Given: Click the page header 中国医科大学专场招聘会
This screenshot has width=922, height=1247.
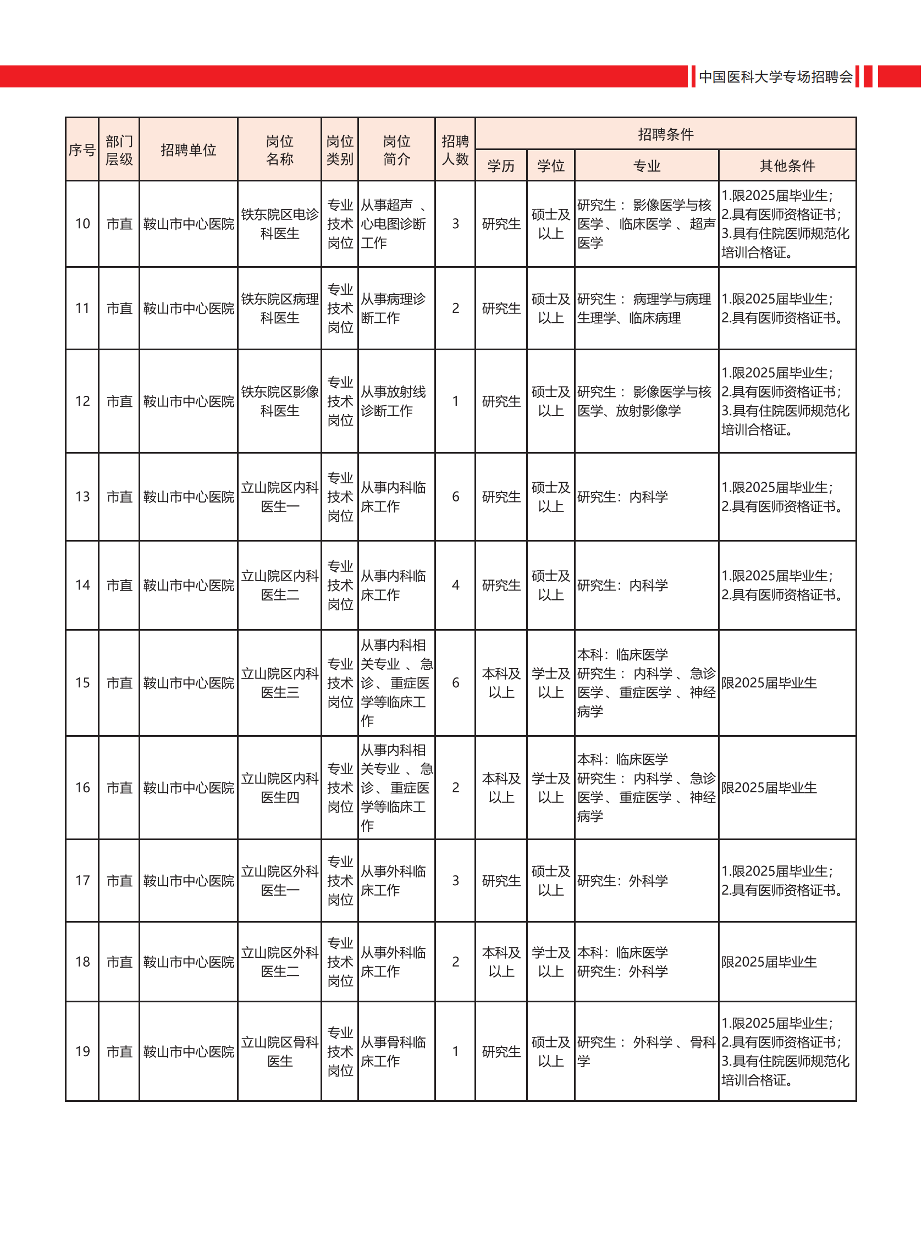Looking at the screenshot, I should point(775,76).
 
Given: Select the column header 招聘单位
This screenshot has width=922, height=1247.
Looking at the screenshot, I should point(188,150).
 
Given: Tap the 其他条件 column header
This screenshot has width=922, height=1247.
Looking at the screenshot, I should point(787,166).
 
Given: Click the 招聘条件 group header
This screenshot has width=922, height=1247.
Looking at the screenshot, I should point(665,134).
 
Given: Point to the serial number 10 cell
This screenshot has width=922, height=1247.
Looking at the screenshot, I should point(82,224).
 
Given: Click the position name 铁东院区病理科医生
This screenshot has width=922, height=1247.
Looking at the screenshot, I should point(280,308).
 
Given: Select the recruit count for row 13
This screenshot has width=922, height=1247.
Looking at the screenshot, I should point(455,497).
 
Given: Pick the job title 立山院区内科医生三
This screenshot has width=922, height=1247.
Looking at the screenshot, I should point(280,683).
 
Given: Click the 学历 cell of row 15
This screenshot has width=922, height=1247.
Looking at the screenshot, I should point(501,683).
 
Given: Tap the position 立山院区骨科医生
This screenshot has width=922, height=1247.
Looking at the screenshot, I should point(280,1052).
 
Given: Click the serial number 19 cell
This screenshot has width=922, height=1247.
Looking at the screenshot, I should point(82,1052).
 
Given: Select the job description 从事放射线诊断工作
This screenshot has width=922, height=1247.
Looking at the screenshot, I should point(393,401).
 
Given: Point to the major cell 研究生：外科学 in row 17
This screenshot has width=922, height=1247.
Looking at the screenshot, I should point(622,881).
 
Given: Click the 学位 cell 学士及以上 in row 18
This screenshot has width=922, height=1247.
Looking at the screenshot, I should point(551,962).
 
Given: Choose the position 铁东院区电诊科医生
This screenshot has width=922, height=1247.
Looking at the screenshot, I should point(280,224).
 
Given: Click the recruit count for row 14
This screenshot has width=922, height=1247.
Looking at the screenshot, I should point(455,585).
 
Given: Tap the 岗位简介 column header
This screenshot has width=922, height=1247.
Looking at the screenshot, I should point(396,150).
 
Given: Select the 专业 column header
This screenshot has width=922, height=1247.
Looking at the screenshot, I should point(647,166).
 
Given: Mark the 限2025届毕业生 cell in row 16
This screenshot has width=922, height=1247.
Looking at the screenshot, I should point(769,787).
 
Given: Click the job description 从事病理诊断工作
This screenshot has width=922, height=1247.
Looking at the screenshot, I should point(393,308).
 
